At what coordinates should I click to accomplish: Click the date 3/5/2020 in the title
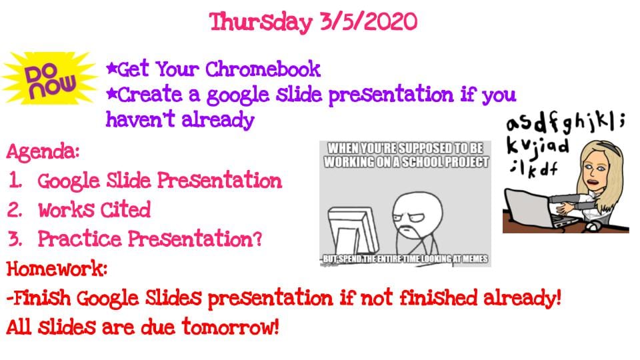coord(369,21)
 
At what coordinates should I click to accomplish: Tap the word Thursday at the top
coord(261,23)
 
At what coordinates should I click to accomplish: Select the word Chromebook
coord(263,69)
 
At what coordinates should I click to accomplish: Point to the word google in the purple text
coord(237,96)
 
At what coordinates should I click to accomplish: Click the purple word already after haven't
coord(218,120)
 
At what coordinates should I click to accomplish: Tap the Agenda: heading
coord(43,152)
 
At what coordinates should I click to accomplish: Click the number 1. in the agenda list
coord(15,181)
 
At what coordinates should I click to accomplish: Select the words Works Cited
coord(94,210)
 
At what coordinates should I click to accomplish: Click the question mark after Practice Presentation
coord(257,239)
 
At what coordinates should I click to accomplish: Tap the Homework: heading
coord(57,269)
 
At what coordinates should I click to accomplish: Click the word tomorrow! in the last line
coord(231,327)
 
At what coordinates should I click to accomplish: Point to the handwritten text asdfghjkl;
coord(565,123)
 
